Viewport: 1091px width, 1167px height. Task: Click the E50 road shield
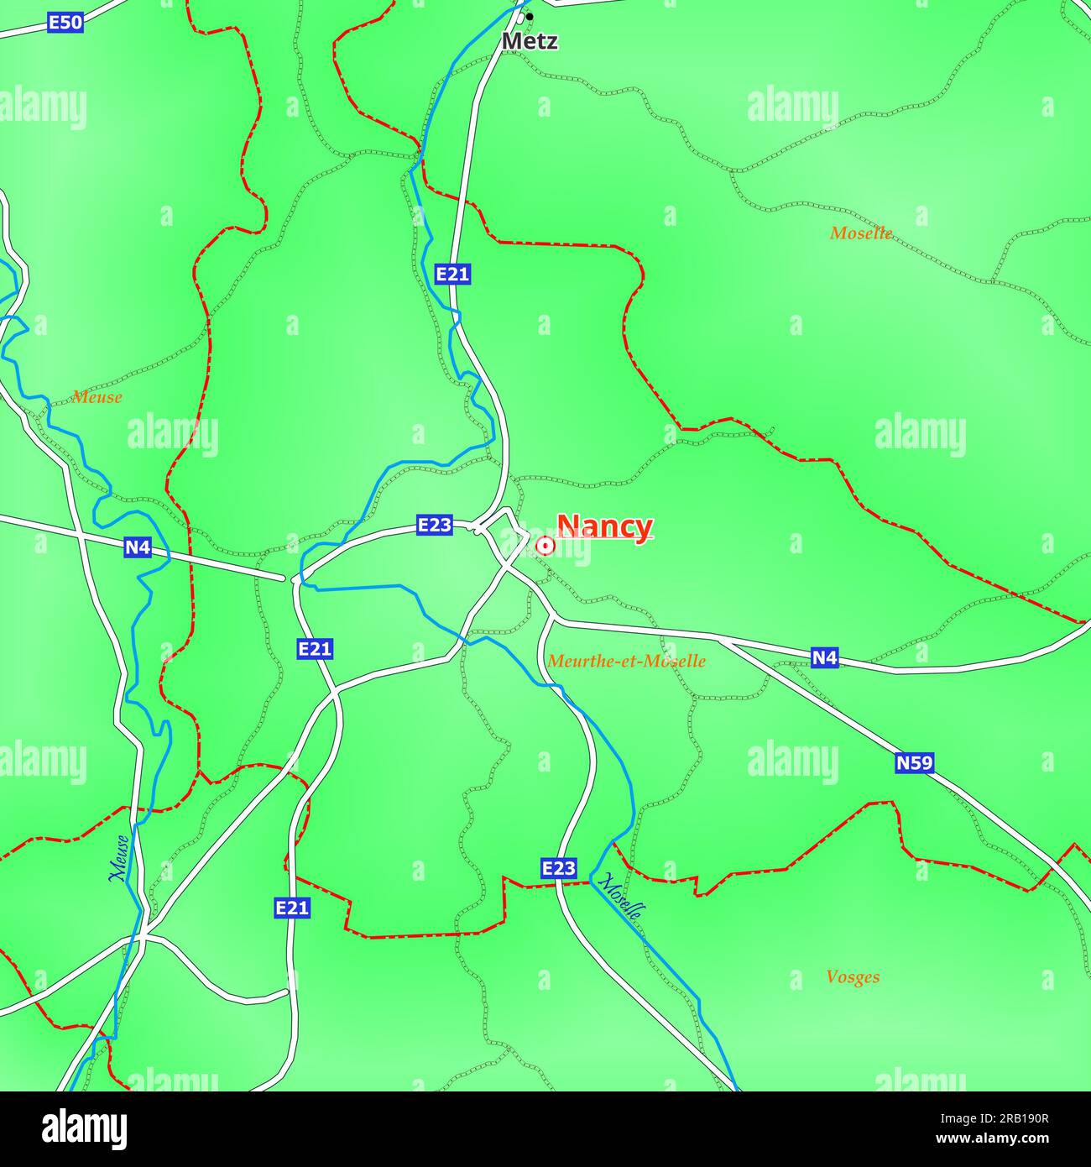pyautogui.click(x=65, y=23)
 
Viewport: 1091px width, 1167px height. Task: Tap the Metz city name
pyautogui.click(x=530, y=41)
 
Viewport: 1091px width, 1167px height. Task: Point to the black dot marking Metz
pyautogui.click(x=530, y=17)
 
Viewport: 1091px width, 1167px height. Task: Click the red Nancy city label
pyautogui.click(x=604, y=526)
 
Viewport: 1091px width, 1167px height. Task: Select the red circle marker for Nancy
pyautogui.click(x=545, y=547)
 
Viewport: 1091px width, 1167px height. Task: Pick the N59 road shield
pyautogui.click(x=914, y=763)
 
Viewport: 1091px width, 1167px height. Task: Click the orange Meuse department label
pyautogui.click(x=97, y=397)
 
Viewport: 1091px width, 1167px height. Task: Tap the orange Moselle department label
pyautogui.click(x=861, y=233)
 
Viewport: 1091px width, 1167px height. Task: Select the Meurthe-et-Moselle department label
pyautogui.click(x=626, y=662)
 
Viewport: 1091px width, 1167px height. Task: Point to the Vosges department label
pyautogui.click(x=853, y=977)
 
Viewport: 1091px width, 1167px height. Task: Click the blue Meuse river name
pyautogui.click(x=120, y=858)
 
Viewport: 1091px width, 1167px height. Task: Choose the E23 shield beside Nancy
pyautogui.click(x=435, y=526)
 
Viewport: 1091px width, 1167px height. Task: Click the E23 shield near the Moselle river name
pyautogui.click(x=559, y=868)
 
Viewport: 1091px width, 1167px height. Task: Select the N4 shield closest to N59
pyautogui.click(x=825, y=658)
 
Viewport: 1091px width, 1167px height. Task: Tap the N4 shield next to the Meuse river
pyautogui.click(x=138, y=547)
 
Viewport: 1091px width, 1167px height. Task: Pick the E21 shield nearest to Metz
pyautogui.click(x=452, y=274)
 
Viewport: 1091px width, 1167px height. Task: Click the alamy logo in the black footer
pyautogui.click(x=85, y=1129)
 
